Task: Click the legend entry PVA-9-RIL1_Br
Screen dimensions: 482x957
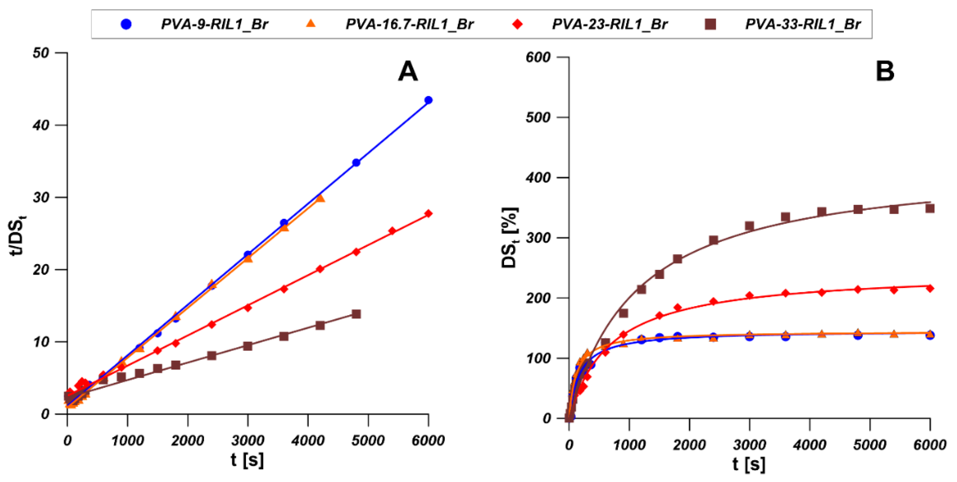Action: pos(214,25)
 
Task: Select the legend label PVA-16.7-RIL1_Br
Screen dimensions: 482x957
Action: pos(409,25)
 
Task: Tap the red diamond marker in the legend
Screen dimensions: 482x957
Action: pos(517,25)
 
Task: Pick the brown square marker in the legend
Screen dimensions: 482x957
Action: pos(710,25)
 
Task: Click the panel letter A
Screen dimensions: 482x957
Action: pos(408,71)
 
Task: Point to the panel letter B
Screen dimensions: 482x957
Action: pos(885,71)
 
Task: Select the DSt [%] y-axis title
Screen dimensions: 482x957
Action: pos(510,238)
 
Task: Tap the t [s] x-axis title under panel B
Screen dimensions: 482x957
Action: pos(749,464)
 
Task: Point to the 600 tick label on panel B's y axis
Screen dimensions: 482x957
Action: pos(538,57)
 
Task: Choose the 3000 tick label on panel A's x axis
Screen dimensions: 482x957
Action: pos(248,441)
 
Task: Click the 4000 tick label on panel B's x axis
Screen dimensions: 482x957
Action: pos(810,445)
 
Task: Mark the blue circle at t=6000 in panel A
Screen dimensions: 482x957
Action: pos(428,100)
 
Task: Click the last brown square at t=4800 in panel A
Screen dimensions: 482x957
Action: pos(356,314)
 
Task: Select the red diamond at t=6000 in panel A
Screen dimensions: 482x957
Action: pos(428,213)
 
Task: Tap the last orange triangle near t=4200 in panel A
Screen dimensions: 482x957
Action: pos(320,198)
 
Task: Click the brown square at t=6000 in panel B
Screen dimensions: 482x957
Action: pos(930,208)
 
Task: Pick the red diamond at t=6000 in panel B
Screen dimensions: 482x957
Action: pos(930,288)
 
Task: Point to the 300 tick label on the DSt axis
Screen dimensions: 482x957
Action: pos(538,238)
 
